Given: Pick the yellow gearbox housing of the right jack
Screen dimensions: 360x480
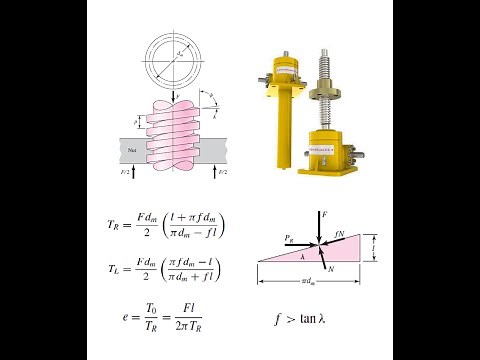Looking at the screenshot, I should (335, 149).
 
